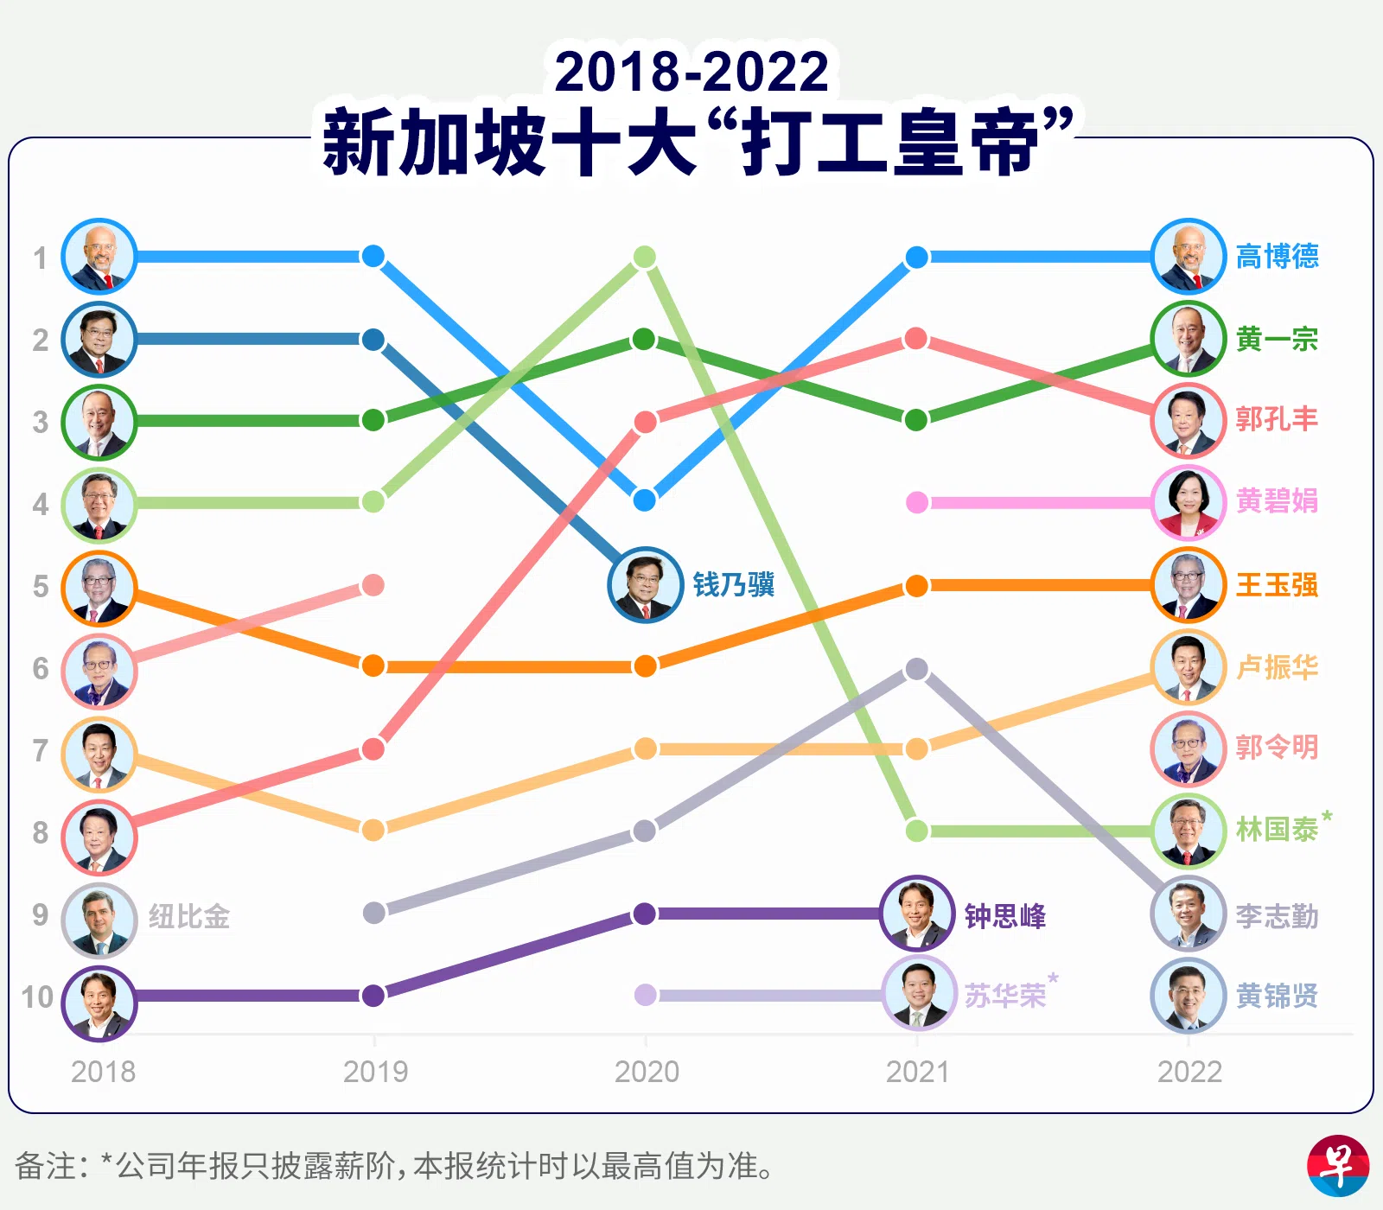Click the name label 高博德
(x=1277, y=256)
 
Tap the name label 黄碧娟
(x=1277, y=501)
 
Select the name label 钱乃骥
(x=733, y=585)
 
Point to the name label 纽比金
(x=188, y=916)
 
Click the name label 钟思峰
(x=1004, y=916)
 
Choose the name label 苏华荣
(x=1005, y=996)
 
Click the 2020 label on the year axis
(x=647, y=1072)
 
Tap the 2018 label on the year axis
(x=104, y=1072)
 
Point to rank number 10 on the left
(x=37, y=997)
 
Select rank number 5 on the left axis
(x=41, y=587)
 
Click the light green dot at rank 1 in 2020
(x=645, y=257)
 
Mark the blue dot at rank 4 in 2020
(x=645, y=500)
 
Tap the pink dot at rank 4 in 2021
(x=917, y=502)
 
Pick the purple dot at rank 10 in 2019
(x=373, y=996)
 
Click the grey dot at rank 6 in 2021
(x=917, y=669)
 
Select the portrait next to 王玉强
(x=1189, y=586)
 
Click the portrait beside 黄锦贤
(x=1189, y=996)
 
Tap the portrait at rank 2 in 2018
(x=99, y=340)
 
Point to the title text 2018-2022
(x=691, y=71)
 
